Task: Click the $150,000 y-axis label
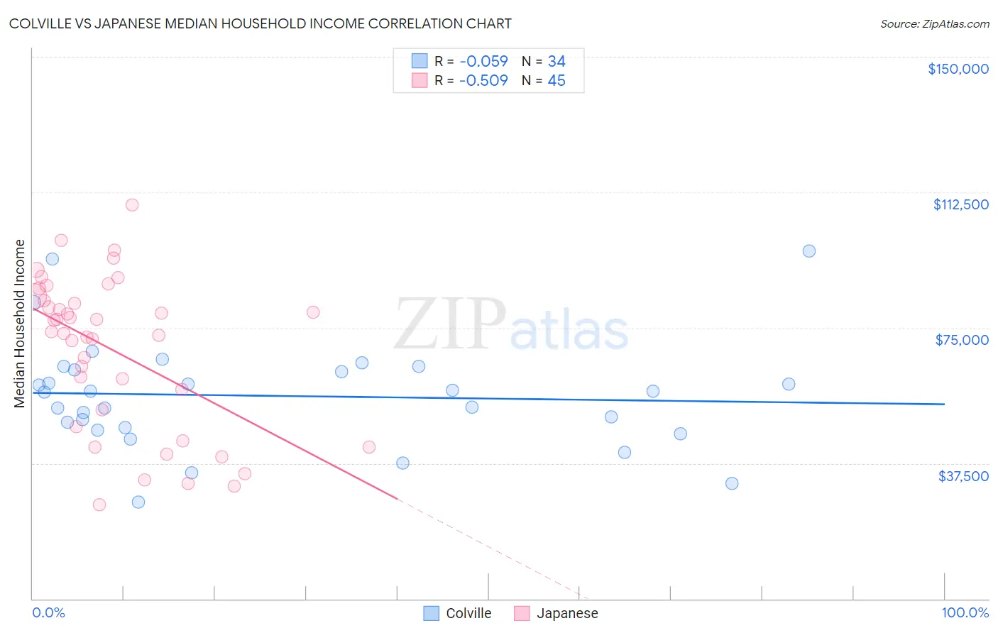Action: click(x=958, y=69)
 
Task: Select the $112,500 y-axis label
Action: click(x=960, y=204)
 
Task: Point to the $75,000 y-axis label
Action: click(x=962, y=340)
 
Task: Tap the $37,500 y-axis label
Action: click(x=963, y=476)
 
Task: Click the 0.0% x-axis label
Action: click(x=48, y=612)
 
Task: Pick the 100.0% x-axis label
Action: click(x=965, y=612)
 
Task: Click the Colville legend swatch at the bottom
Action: click(x=431, y=613)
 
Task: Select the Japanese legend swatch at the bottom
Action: click(x=522, y=613)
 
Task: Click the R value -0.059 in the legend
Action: click(x=483, y=62)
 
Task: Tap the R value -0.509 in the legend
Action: click(x=483, y=81)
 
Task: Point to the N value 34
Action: click(x=556, y=62)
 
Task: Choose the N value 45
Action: click(x=556, y=81)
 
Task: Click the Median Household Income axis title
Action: click(x=19, y=324)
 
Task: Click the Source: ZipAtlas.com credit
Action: click(x=934, y=24)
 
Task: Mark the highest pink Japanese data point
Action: click(x=132, y=205)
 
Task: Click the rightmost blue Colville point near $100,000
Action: click(x=808, y=251)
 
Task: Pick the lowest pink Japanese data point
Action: click(x=99, y=505)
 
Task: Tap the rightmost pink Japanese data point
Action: click(x=369, y=447)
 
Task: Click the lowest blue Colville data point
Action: click(x=138, y=502)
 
